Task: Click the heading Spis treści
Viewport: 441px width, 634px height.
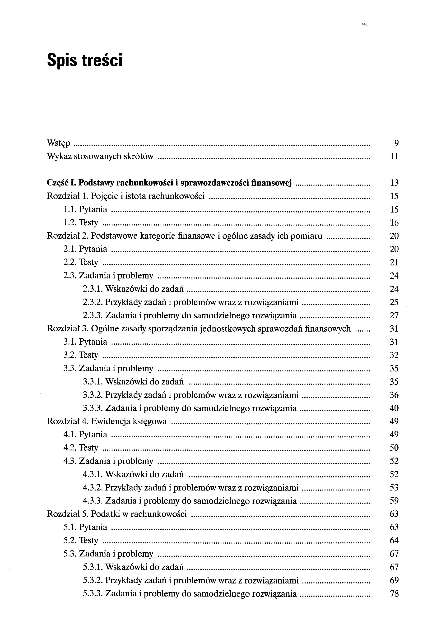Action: click(x=84, y=60)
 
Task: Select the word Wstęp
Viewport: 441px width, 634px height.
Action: click(x=59, y=143)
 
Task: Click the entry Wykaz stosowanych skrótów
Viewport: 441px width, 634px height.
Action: click(x=100, y=156)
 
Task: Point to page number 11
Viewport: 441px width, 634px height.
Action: click(x=394, y=157)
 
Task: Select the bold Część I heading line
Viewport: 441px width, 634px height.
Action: click(x=169, y=183)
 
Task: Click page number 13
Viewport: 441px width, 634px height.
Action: click(x=394, y=183)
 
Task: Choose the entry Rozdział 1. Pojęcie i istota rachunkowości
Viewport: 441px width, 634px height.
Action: click(x=126, y=196)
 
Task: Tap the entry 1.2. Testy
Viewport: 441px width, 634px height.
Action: click(x=81, y=222)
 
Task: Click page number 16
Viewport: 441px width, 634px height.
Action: click(x=394, y=222)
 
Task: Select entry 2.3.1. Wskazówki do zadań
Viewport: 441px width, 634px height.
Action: click(x=133, y=289)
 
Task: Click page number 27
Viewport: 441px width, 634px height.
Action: click(x=394, y=315)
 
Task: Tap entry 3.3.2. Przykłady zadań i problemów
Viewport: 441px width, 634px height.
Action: click(x=190, y=395)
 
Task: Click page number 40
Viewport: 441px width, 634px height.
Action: click(x=394, y=408)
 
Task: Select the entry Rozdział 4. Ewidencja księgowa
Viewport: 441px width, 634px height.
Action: click(x=107, y=421)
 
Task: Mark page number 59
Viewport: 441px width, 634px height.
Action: click(x=394, y=501)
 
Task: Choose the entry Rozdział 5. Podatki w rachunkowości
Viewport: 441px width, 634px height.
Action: click(x=117, y=514)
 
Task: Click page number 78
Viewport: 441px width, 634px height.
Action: click(x=394, y=593)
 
